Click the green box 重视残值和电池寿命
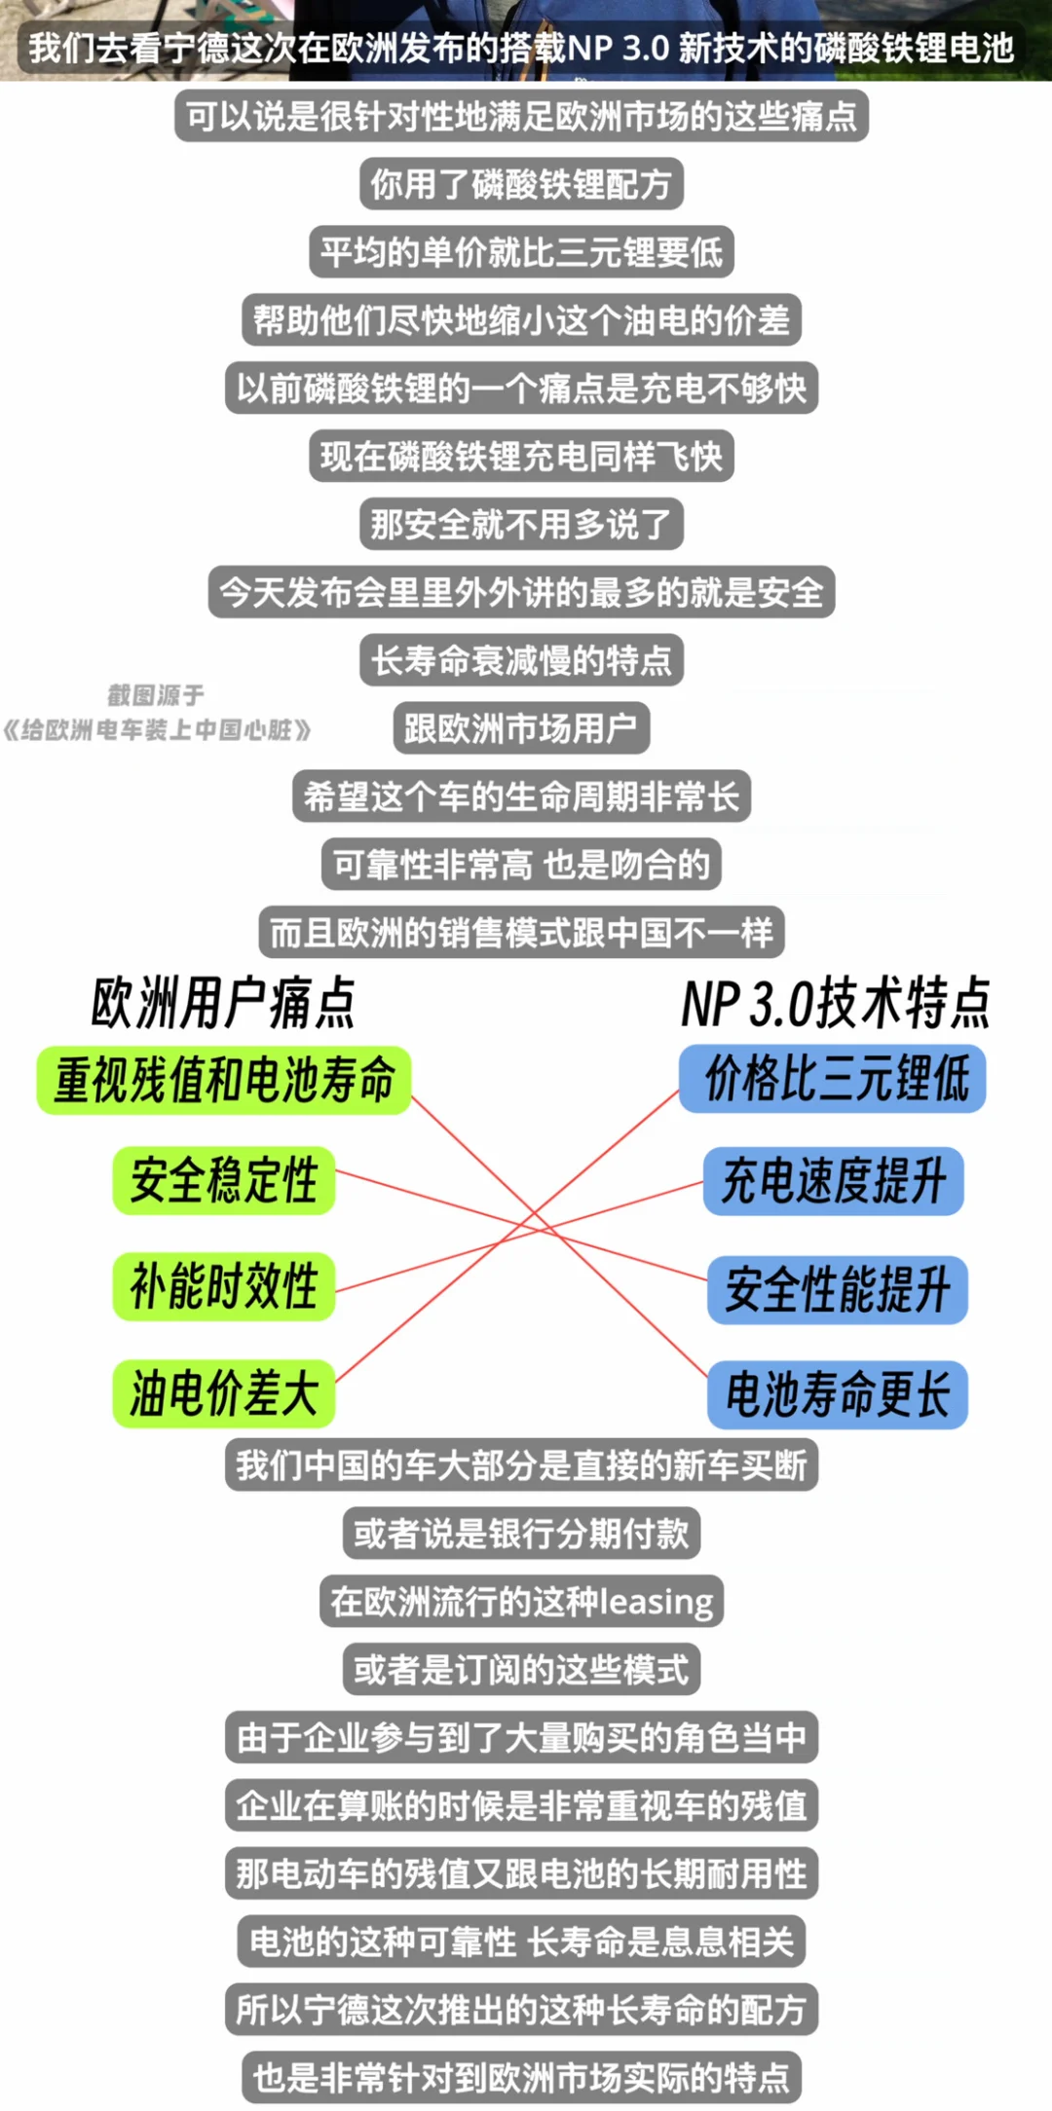pos(224,1080)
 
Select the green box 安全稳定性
pos(224,1180)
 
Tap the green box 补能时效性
pos(224,1286)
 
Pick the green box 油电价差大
pos(224,1393)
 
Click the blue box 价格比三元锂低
pos(833,1079)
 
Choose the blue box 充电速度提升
pos(834,1181)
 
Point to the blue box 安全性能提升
pos(838,1290)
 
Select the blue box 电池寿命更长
pos(838,1394)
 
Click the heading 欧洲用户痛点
pos(223,1003)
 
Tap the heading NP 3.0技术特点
pos(836,1003)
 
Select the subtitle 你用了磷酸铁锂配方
pos(521,184)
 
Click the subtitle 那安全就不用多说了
pos(521,524)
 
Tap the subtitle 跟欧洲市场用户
pos(521,728)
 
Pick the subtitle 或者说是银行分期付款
pos(521,1534)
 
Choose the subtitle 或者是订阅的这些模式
pos(521,1669)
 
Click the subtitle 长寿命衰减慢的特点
pos(521,660)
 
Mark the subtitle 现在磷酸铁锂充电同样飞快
pos(521,456)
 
